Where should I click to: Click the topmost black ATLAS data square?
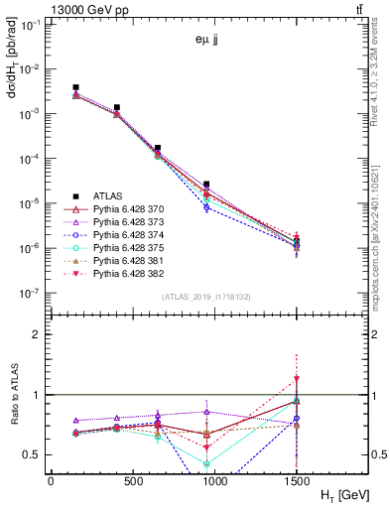point(76,87)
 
